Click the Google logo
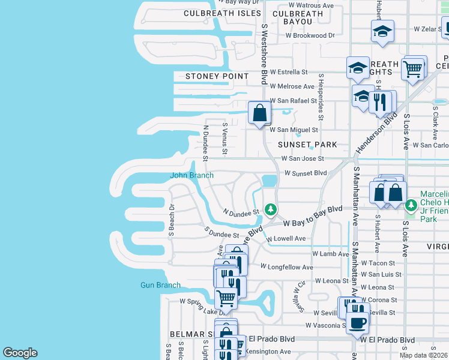[x=20, y=353]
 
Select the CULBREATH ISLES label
[x=222, y=13]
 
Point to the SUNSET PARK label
[x=307, y=145]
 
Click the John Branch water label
[x=191, y=175]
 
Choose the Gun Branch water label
[x=160, y=285]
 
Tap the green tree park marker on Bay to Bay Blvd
[x=271, y=209]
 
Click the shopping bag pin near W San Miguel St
[x=259, y=112]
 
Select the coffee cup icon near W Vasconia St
[x=357, y=322]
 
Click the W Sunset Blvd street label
[x=305, y=173]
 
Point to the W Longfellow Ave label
[x=286, y=266]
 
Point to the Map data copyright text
[x=423, y=355]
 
